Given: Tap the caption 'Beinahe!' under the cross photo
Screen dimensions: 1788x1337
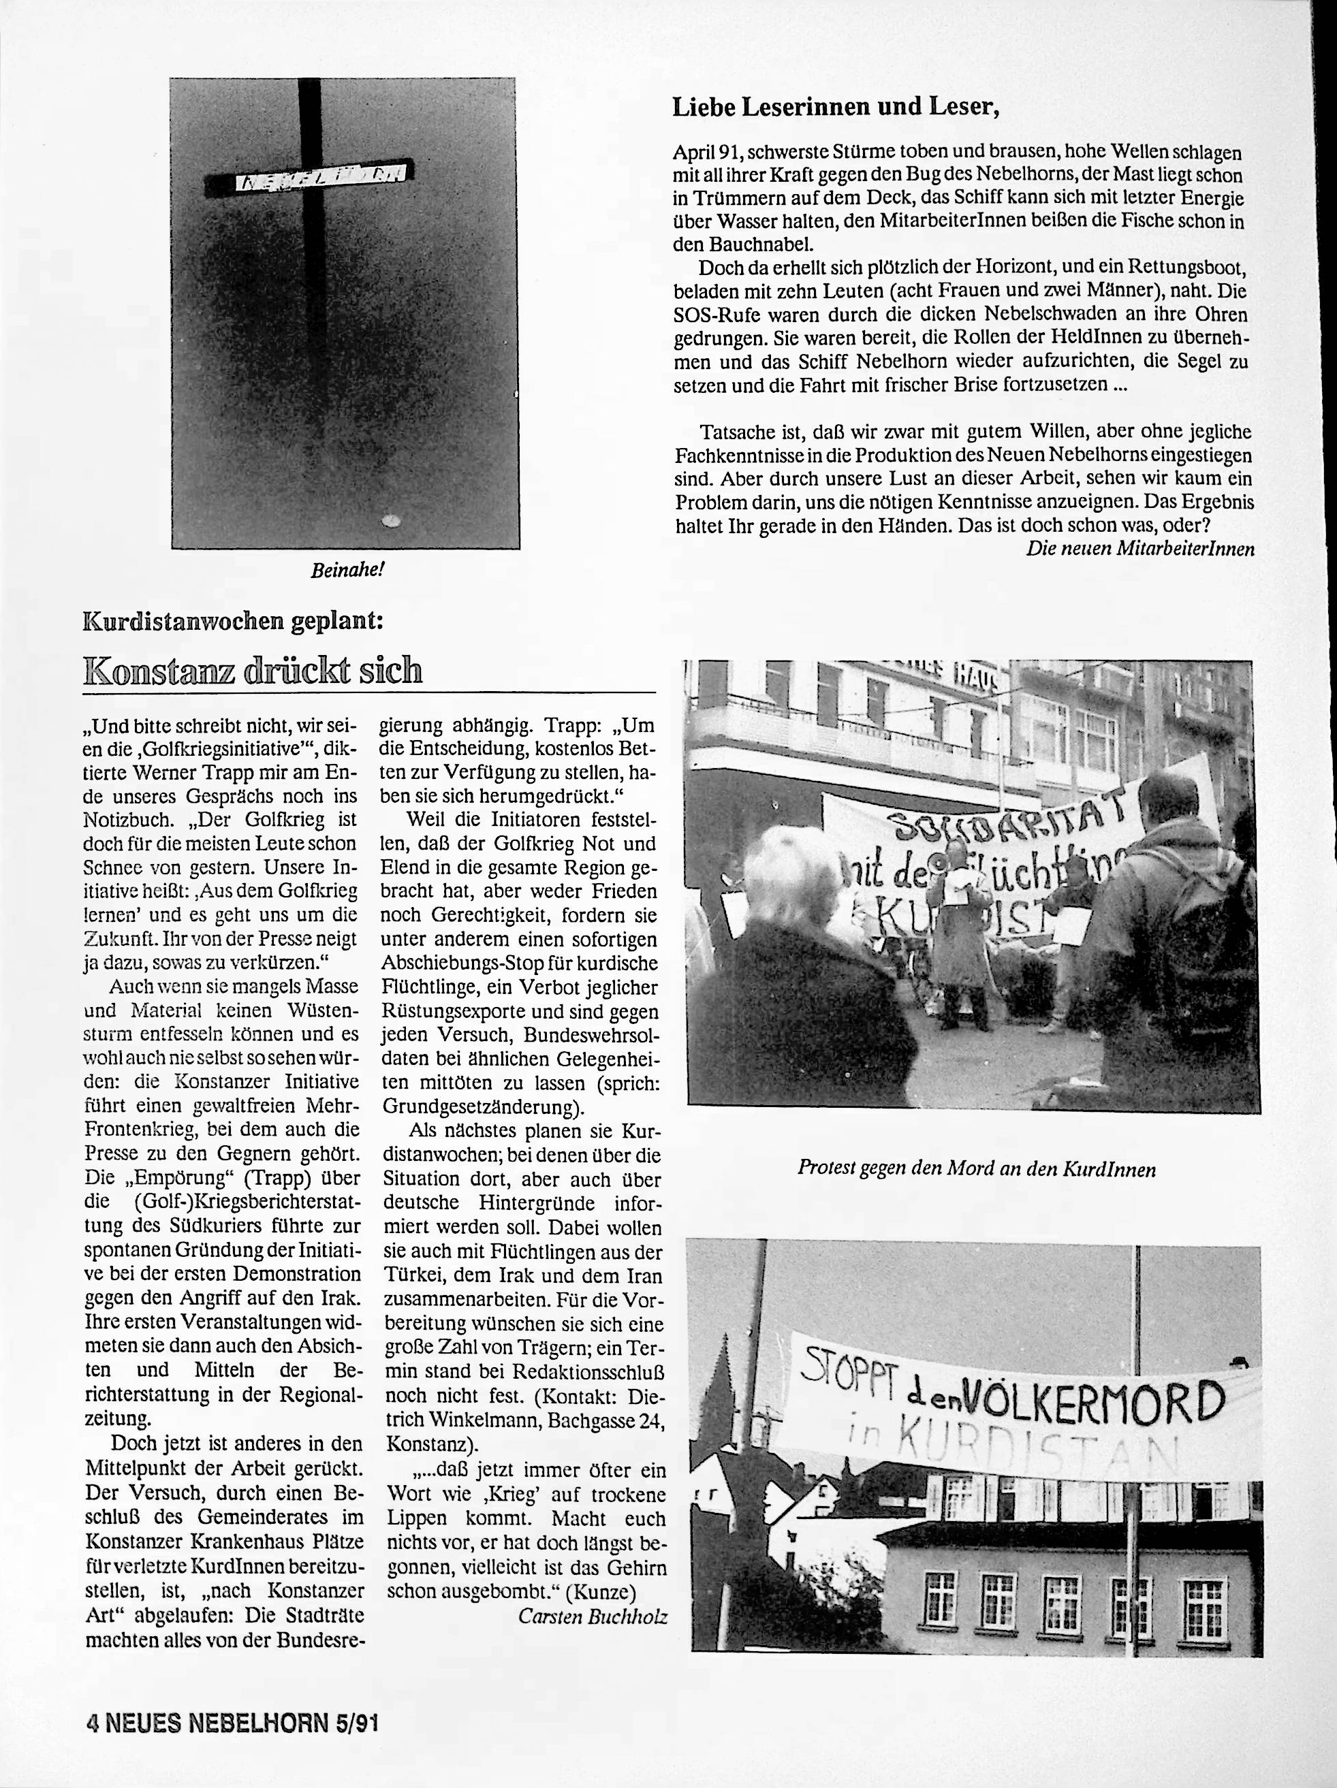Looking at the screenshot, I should pyautogui.click(x=347, y=569).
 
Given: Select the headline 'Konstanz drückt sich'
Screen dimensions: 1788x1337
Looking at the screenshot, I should pyautogui.click(x=253, y=670).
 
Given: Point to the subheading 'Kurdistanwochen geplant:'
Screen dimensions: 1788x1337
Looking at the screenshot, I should pyautogui.click(x=233, y=621).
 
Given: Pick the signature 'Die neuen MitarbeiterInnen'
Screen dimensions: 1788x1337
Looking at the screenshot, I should pyautogui.click(x=1139, y=549).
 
